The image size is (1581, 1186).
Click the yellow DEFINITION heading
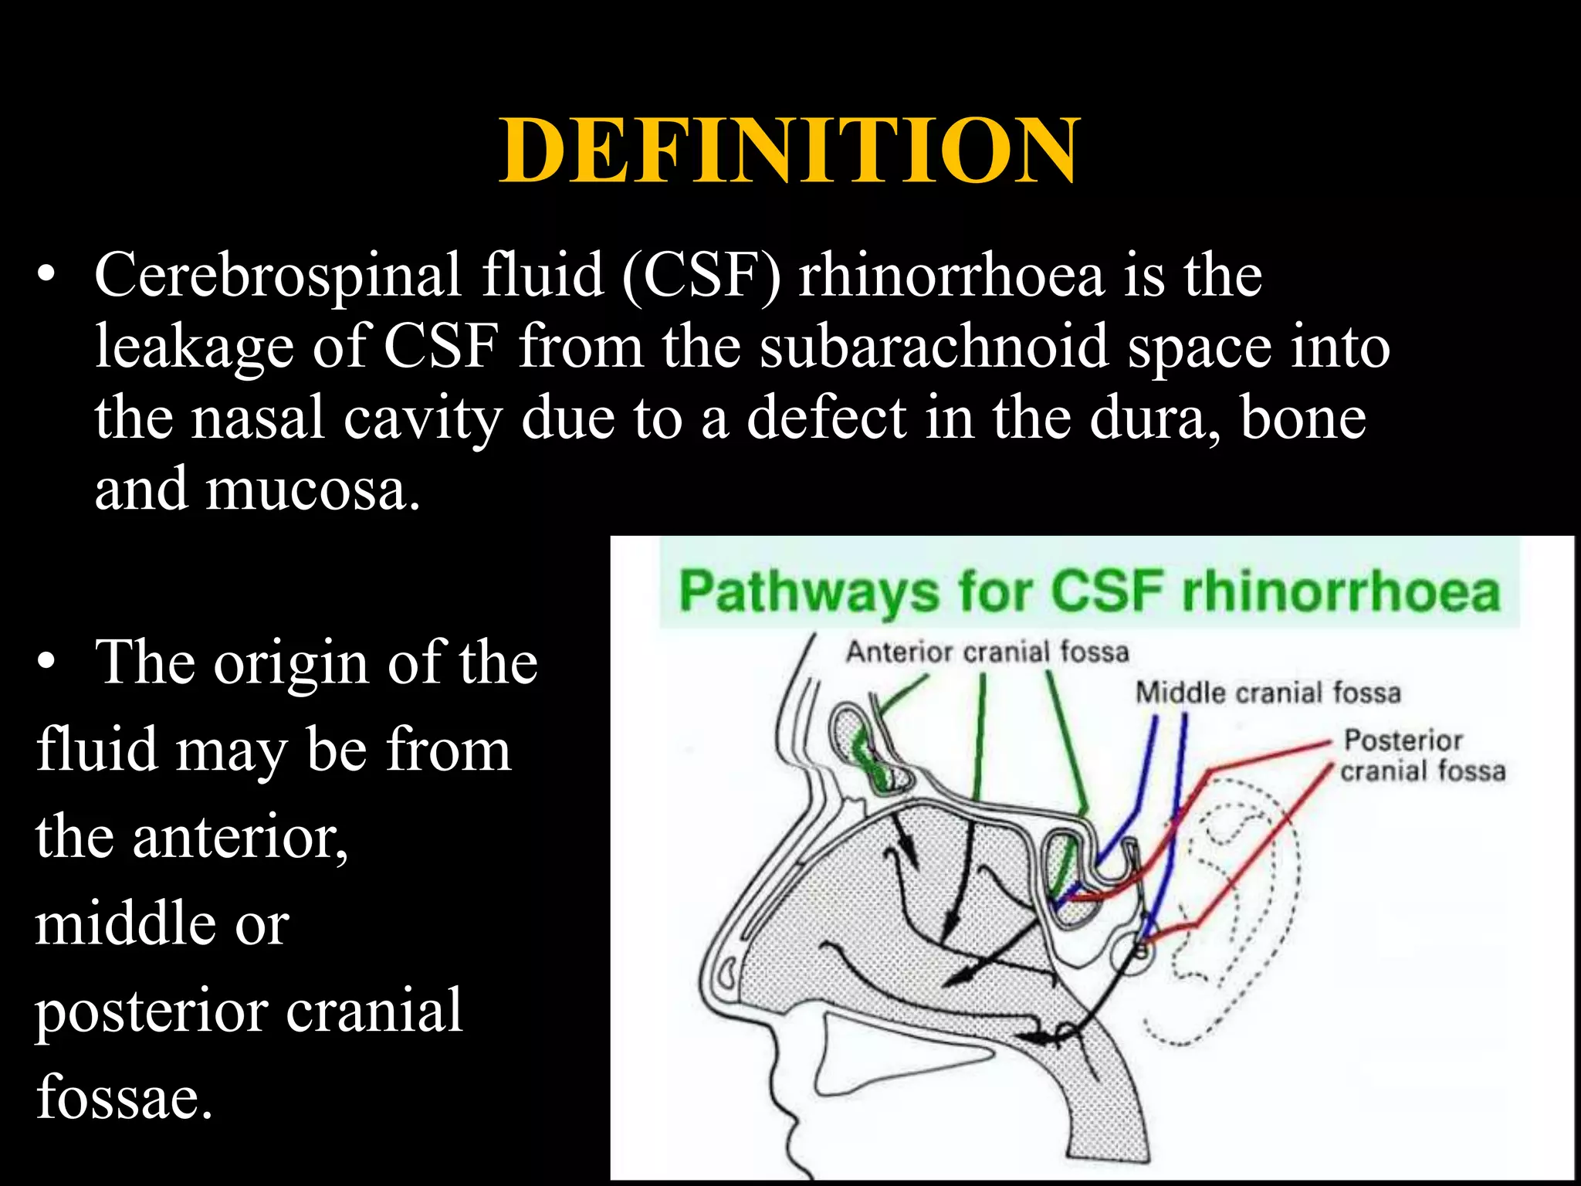[789, 151]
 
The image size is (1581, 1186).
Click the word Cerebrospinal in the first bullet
[278, 276]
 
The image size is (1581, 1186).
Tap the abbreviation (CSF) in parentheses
[701, 276]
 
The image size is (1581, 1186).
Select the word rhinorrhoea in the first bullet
[951, 276]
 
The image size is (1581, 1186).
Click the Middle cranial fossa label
[1267, 693]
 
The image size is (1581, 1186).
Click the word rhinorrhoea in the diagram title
[1340, 593]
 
